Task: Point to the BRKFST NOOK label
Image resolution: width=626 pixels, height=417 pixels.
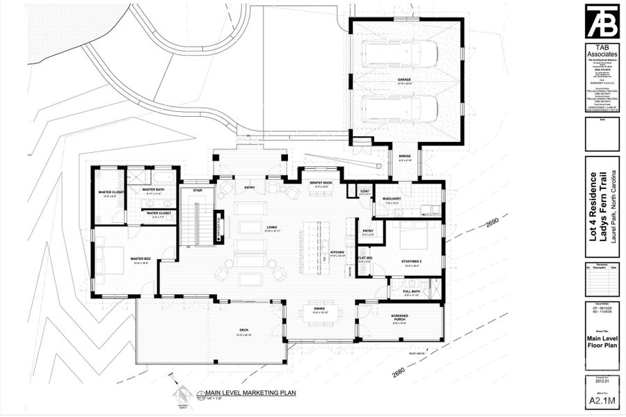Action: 321,183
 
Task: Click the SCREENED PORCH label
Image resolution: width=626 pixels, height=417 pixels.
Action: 400,318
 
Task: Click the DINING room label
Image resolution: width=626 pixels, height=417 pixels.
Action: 319,309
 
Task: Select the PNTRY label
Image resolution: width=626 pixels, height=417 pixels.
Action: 368,232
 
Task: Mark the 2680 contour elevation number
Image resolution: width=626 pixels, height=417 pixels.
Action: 399,372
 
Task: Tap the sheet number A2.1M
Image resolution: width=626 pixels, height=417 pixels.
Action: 602,400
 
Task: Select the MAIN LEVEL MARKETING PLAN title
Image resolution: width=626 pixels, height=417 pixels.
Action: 246,393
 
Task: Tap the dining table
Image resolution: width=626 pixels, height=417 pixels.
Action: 320,313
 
